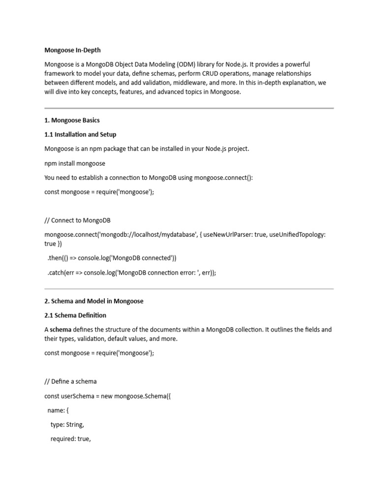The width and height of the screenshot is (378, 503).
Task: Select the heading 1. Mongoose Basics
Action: pyautogui.click(x=72, y=120)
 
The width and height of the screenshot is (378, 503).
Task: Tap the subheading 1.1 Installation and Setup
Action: pyautogui.click(x=80, y=134)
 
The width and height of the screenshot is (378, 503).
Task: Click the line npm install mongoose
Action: pyautogui.click(x=75, y=163)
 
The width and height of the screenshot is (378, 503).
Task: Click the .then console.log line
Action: pyautogui.click(x=112, y=258)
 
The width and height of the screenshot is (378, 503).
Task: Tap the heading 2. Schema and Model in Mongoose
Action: pyautogui.click(x=94, y=301)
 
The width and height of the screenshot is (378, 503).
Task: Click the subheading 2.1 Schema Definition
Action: pyautogui.click(x=75, y=315)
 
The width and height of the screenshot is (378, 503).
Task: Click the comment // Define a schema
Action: pyautogui.click(x=70, y=381)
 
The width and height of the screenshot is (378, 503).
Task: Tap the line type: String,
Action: pyautogui.click(x=67, y=425)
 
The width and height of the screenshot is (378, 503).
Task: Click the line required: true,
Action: pyautogui.click(x=70, y=439)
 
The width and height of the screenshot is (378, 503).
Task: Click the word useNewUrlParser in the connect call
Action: pyautogui.click(x=227, y=235)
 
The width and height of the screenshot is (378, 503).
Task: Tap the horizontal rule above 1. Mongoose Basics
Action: pyautogui.click(x=189, y=108)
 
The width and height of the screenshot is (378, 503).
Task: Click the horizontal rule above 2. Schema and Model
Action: pyautogui.click(x=189, y=289)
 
